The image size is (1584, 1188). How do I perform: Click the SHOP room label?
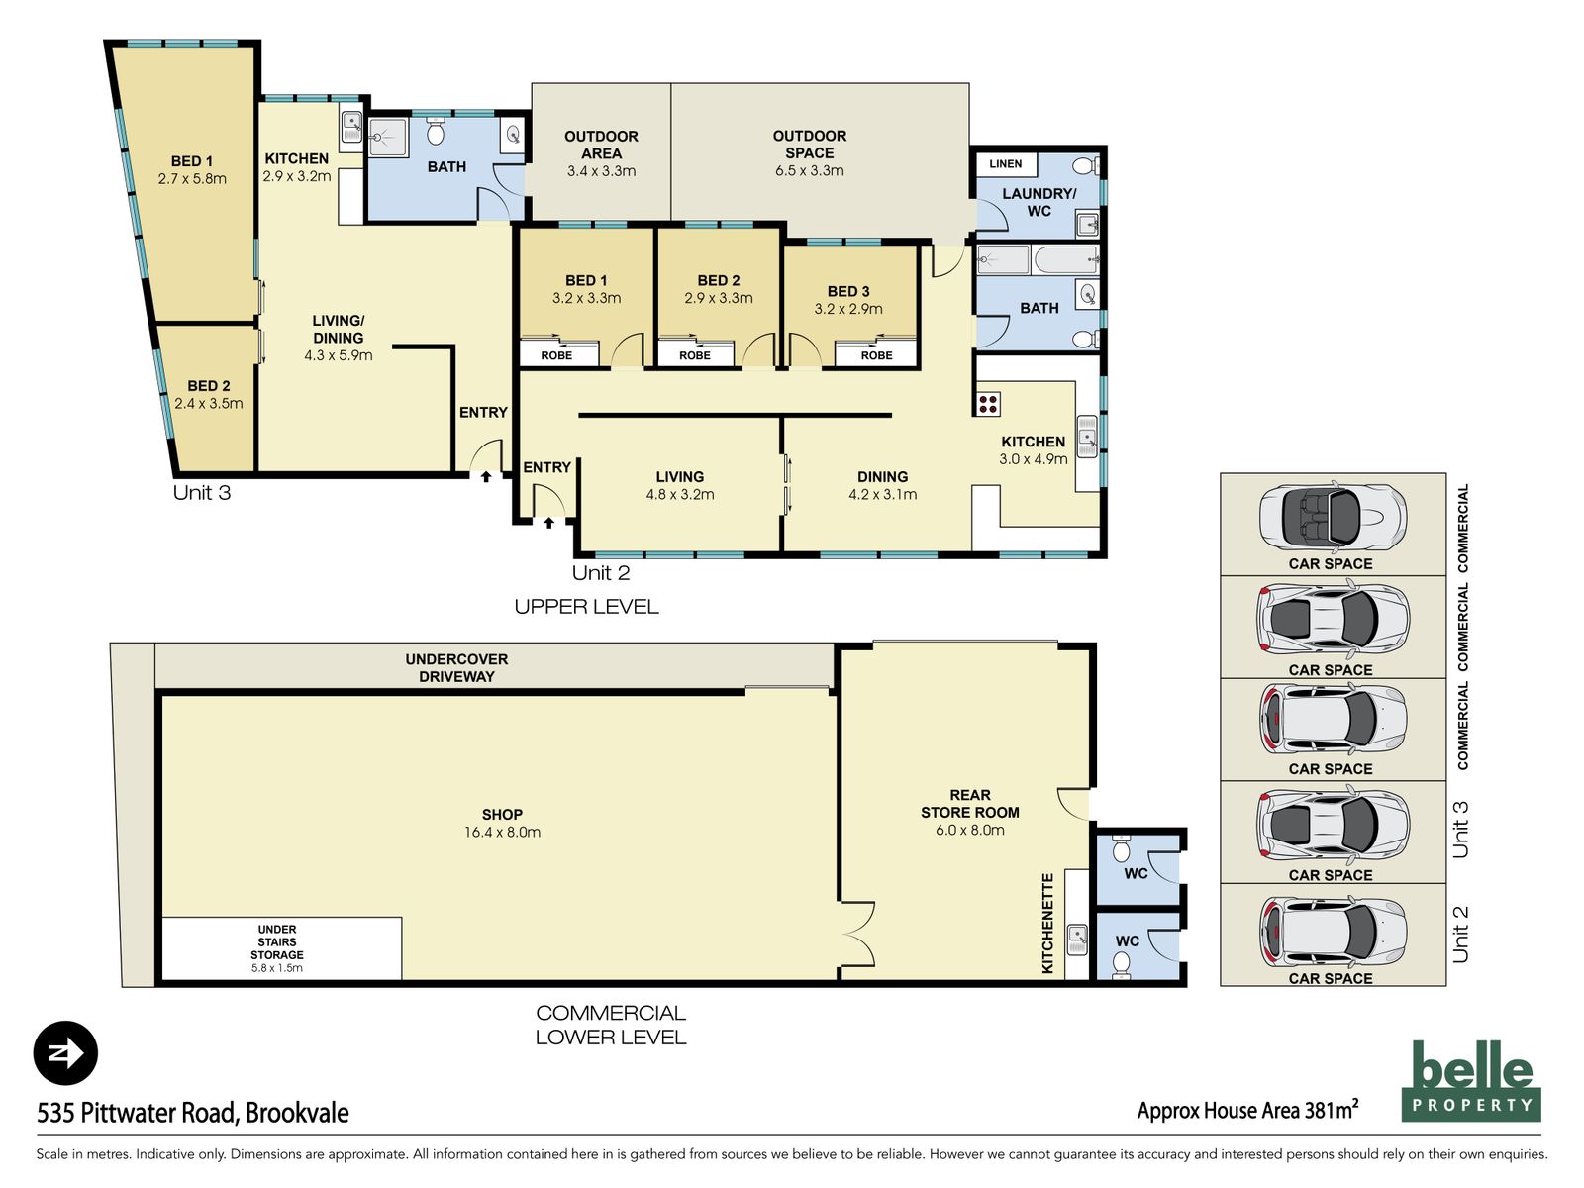[x=502, y=823]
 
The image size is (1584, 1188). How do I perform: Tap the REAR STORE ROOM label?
[x=969, y=812]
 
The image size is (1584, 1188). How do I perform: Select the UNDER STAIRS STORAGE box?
[x=278, y=948]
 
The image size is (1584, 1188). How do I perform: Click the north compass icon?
[x=65, y=1053]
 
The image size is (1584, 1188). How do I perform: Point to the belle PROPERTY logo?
[x=1471, y=1080]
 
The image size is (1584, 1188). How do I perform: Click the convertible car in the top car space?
[x=1332, y=517]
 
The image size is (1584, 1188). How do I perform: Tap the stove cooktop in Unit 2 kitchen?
[x=988, y=403]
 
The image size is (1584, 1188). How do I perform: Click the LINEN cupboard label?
[x=1005, y=164]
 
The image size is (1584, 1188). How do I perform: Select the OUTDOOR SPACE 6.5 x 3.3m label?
[x=809, y=152]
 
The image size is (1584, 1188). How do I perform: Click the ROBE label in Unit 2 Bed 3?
[x=876, y=355]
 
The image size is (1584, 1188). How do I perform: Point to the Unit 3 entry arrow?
[x=485, y=476]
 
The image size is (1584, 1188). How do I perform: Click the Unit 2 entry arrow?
[x=548, y=522]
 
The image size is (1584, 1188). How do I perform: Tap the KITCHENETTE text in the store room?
[x=1047, y=923]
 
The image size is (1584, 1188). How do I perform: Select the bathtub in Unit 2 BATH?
[x=1065, y=261]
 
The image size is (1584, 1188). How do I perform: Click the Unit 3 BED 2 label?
[x=208, y=394]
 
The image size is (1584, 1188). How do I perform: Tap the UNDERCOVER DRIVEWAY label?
[x=456, y=667]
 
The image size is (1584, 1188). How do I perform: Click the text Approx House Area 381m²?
[x=1247, y=1110]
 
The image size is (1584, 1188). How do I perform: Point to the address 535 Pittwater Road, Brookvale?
[x=193, y=1113]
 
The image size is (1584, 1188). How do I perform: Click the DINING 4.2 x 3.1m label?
[x=882, y=485]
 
